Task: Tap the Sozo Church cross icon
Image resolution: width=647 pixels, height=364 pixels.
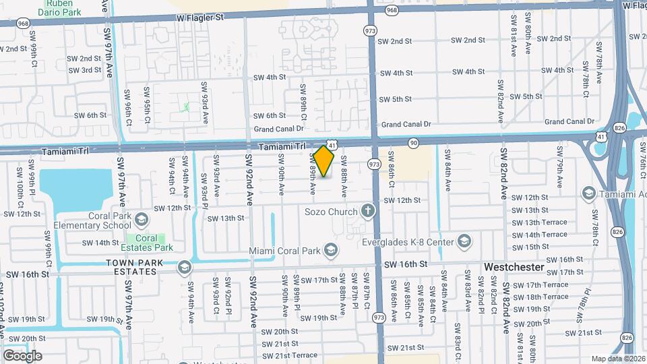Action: (x=367, y=212)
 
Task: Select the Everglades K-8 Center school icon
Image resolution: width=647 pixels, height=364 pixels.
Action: (x=464, y=241)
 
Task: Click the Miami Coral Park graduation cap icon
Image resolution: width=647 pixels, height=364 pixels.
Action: (x=330, y=251)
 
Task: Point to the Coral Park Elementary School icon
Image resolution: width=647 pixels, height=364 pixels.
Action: (x=142, y=219)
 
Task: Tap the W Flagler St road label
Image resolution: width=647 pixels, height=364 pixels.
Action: (x=199, y=18)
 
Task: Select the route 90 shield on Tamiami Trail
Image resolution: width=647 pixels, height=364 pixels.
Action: (x=413, y=142)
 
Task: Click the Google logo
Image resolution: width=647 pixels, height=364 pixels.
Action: (x=22, y=355)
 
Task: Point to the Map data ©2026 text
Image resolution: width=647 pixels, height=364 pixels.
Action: (x=617, y=359)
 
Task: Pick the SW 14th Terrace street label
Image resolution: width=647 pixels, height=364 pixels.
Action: (x=539, y=235)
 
